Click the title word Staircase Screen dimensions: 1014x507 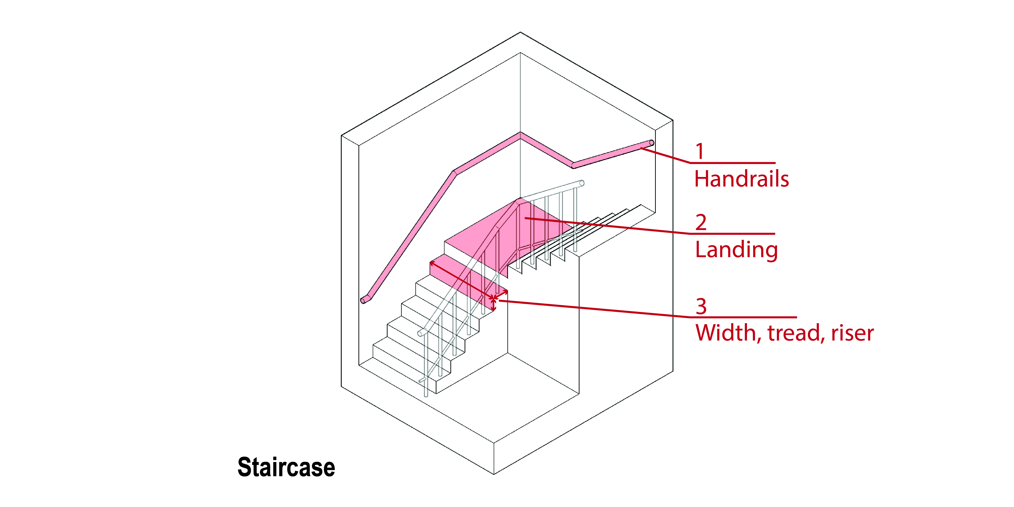click(286, 467)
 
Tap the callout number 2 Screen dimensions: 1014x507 click(701, 222)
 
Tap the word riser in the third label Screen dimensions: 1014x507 click(852, 333)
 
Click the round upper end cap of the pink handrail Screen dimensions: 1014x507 click(651, 143)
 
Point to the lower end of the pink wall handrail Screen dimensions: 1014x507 click(363, 301)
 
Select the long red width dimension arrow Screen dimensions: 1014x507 click(462, 279)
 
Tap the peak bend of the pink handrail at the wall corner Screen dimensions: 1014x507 click(520, 135)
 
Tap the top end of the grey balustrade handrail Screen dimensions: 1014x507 click(582, 183)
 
